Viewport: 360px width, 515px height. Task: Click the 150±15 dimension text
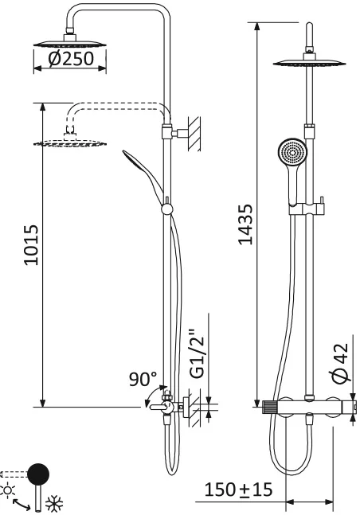pyautogui.click(x=238, y=489)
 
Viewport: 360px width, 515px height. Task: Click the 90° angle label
pyautogui.click(x=143, y=380)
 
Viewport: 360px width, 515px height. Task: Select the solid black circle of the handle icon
pyautogui.click(x=37, y=475)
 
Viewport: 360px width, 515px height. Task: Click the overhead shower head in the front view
pyautogui.click(x=307, y=63)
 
